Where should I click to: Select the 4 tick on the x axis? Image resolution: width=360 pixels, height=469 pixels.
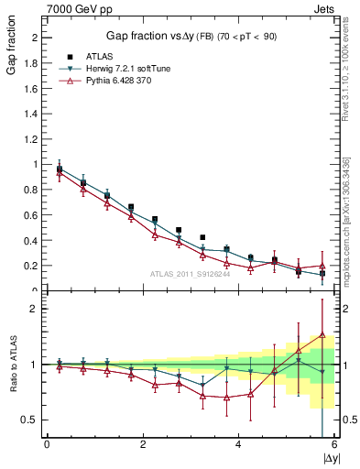(x=238, y=444)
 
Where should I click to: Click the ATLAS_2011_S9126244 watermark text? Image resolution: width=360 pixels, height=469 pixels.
(x=190, y=273)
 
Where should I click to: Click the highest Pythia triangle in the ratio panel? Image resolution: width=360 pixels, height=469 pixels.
(x=322, y=335)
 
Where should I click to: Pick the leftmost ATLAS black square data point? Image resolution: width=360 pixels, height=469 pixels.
(x=60, y=169)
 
